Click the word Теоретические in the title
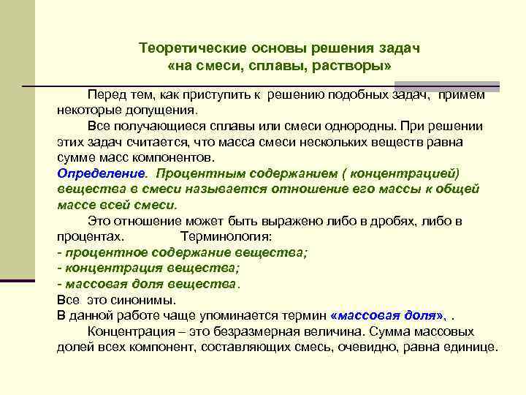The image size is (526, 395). (x=186, y=48)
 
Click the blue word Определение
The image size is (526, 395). (x=101, y=173)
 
